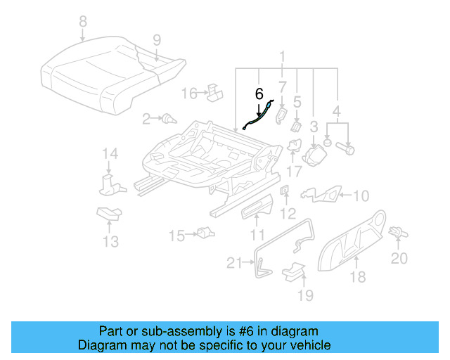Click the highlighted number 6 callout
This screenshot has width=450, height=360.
coord(259,93)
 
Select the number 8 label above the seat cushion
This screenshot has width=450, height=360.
coord(83,22)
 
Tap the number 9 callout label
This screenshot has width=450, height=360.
coord(157,39)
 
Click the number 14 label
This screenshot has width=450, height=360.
coord(109,154)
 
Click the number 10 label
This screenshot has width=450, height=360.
coord(360,195)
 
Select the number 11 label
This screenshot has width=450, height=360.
coord(258,235)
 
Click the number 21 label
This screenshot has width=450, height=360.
coord(233,263)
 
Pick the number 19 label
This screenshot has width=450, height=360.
coord(304,295)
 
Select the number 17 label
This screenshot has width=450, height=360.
coord(293,170)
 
